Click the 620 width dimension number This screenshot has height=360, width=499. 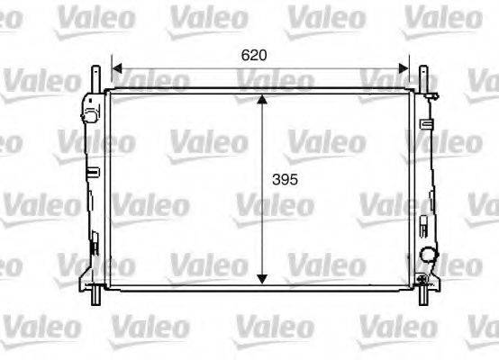(x=255, y=55)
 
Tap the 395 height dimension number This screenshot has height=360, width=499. (x=284, y=179)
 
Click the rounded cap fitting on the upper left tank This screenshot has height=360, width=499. (x=88, y=115)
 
